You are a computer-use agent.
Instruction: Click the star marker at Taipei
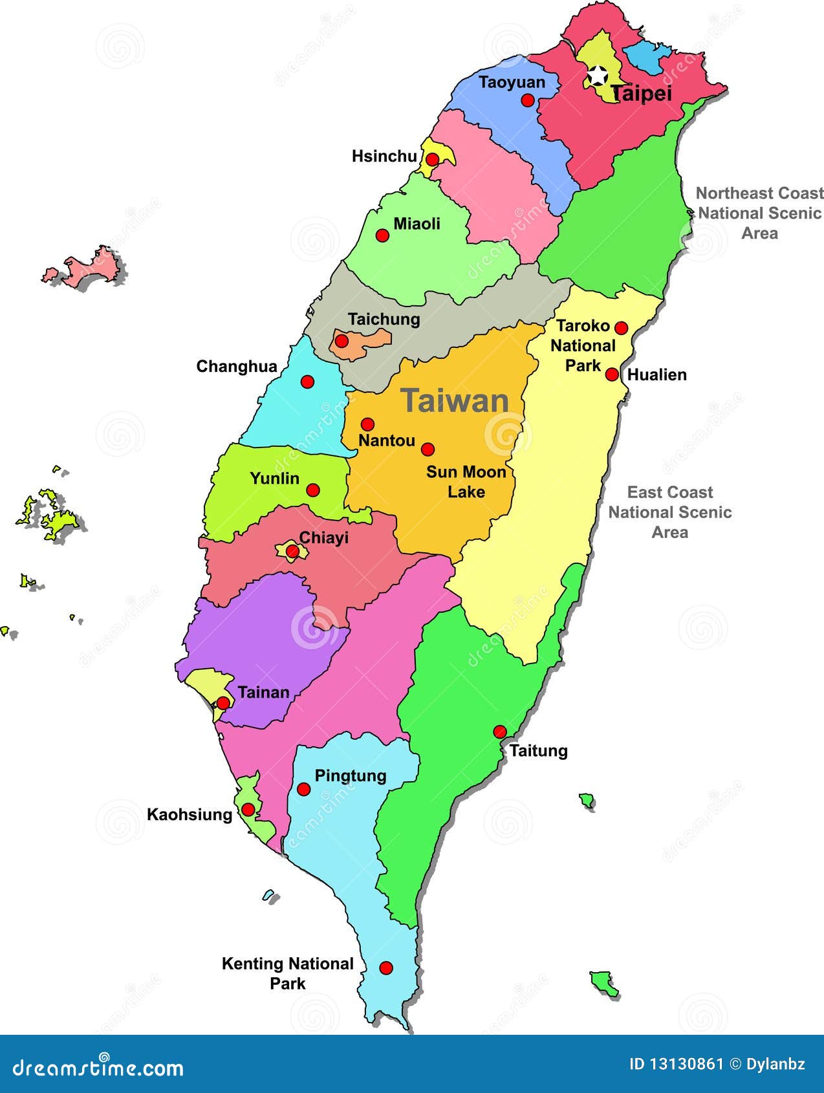(x=597, y=76)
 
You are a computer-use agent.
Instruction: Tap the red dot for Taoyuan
(x=528, y=100)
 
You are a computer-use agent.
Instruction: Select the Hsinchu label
(x=384, y=157)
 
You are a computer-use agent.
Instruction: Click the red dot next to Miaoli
(x=382, y=235)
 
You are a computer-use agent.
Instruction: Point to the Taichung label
(x=384, y=319)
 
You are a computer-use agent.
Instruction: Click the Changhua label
(x=237, y=367)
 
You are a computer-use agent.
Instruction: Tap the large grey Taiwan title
(x=455, y=401)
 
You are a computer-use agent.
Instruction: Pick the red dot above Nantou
(x=367, y=424)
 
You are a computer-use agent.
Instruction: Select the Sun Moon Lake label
(x=466, y=482)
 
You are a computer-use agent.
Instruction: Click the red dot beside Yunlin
(x=313, y=490)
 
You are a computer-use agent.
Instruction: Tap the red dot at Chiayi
(x=292, y=552)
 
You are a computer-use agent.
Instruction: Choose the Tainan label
(x=263, y=693)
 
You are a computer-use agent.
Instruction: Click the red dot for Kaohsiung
(x=248, y=809)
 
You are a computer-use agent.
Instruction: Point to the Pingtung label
(x=350, y=775)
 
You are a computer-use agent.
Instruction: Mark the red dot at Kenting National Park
(x=386, y=968)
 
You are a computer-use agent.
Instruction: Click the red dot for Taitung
(x=500, y=732)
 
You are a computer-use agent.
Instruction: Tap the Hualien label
(x=657, y=375)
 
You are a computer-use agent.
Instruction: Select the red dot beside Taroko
(x=621, y=328)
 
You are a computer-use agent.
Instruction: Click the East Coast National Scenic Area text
(x=669, y=512)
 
